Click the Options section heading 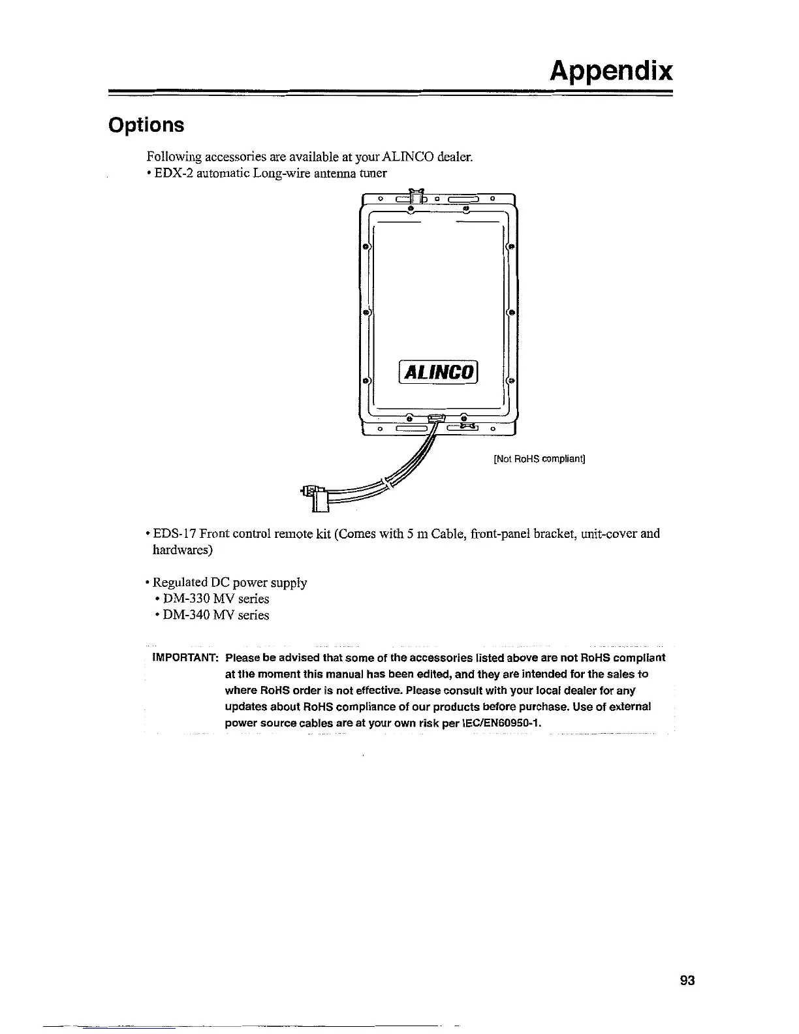tap(146, 125)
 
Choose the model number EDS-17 tap(175, 534)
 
